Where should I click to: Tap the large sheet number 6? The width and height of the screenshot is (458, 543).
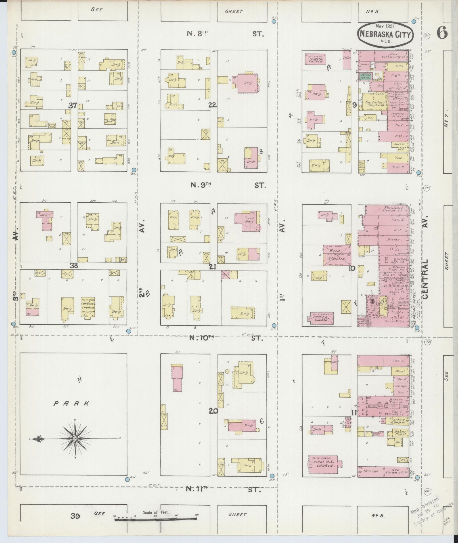pyautogui.click(x=442, y=33)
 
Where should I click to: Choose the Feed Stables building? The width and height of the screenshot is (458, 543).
pyautogui.click(x=337, y=255)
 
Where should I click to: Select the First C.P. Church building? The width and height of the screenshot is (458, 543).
pyautogui.click(x=321, y=318)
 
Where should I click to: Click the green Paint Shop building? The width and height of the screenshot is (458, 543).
pyautogui.click(x=365, y=76)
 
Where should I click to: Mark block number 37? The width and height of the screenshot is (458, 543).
pyautogui.click(x=73, y=106)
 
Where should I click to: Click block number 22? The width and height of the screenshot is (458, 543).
pyautogui.click(x=212, y=105)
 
